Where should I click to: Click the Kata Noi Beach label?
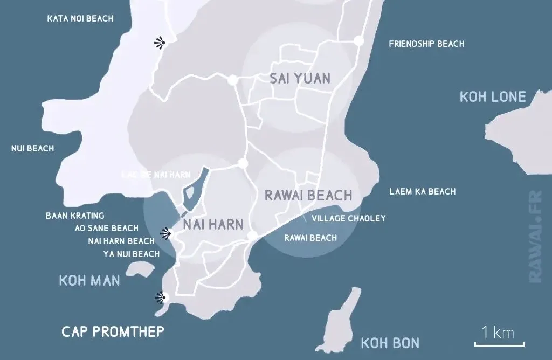click(x=80, y=18)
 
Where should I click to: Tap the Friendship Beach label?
click(x=426, y=44)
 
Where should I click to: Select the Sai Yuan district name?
click(x=300, y=79)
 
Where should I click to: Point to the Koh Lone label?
click(x=492, y=97)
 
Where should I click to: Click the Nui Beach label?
click(x=32, y=148)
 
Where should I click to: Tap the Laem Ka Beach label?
click(x=423, y=191)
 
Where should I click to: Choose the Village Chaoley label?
click(x=349, y=218)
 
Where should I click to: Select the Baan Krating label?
click(x=75, y=216)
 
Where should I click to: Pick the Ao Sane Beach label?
click(x=106, y=228)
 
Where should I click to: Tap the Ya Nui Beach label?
click(x=131, y=254)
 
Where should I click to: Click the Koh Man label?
click(x=89, y=281)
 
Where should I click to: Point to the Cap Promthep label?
click(x=113, y=331)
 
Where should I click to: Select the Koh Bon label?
click(x=390, y=343)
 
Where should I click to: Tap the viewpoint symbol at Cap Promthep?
click(x=160, y=297)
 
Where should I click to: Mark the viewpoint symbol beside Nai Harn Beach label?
click(x=167, y=233)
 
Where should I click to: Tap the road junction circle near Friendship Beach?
click(x=358, y=40)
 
